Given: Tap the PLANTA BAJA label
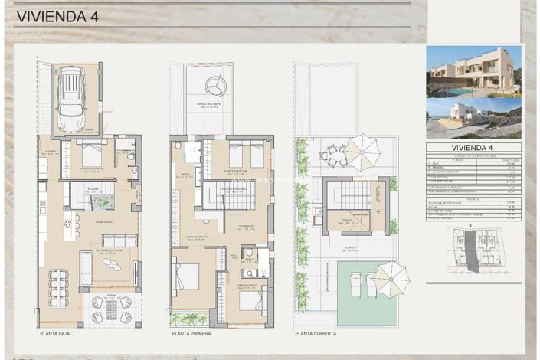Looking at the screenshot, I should pos(56,334).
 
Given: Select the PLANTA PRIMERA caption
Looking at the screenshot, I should pos(191,334).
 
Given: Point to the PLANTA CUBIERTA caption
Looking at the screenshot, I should pos(316,334).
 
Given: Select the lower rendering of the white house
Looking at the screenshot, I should pos(473,118).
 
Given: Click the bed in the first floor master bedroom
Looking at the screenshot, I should pos(186,277).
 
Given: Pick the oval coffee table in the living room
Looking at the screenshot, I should pos(112,265).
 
